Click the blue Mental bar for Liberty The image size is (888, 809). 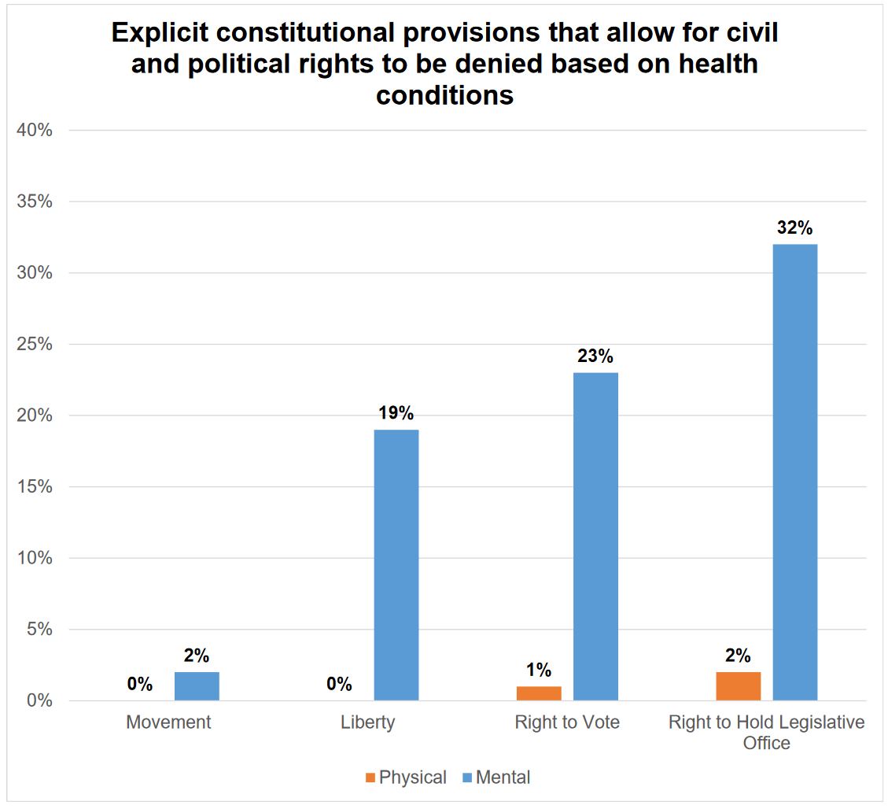pos(396,564)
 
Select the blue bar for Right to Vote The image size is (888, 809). pos(595,536)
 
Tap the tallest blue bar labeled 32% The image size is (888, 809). pos(794,471)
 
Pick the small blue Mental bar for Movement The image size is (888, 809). pos(197,686)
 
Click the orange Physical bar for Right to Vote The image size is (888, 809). pos(539,693)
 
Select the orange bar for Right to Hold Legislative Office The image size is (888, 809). pos(738,686)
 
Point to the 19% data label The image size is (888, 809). pos(396,413)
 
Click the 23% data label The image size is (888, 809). pos(595,356)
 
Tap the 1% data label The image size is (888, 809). pos(539,670)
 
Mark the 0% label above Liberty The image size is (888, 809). pos(339,684)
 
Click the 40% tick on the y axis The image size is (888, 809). pos(35,131)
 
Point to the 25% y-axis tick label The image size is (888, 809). pos(35,345)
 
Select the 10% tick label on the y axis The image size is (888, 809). pos(35,559)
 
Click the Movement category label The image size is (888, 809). pos(168,722)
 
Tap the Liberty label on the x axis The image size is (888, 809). pos(367,722)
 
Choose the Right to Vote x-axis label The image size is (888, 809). pos(567,722)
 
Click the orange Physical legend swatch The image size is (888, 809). pos(370,778)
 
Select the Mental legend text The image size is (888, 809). pos(503,778)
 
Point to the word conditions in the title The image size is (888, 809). pos(444,95)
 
